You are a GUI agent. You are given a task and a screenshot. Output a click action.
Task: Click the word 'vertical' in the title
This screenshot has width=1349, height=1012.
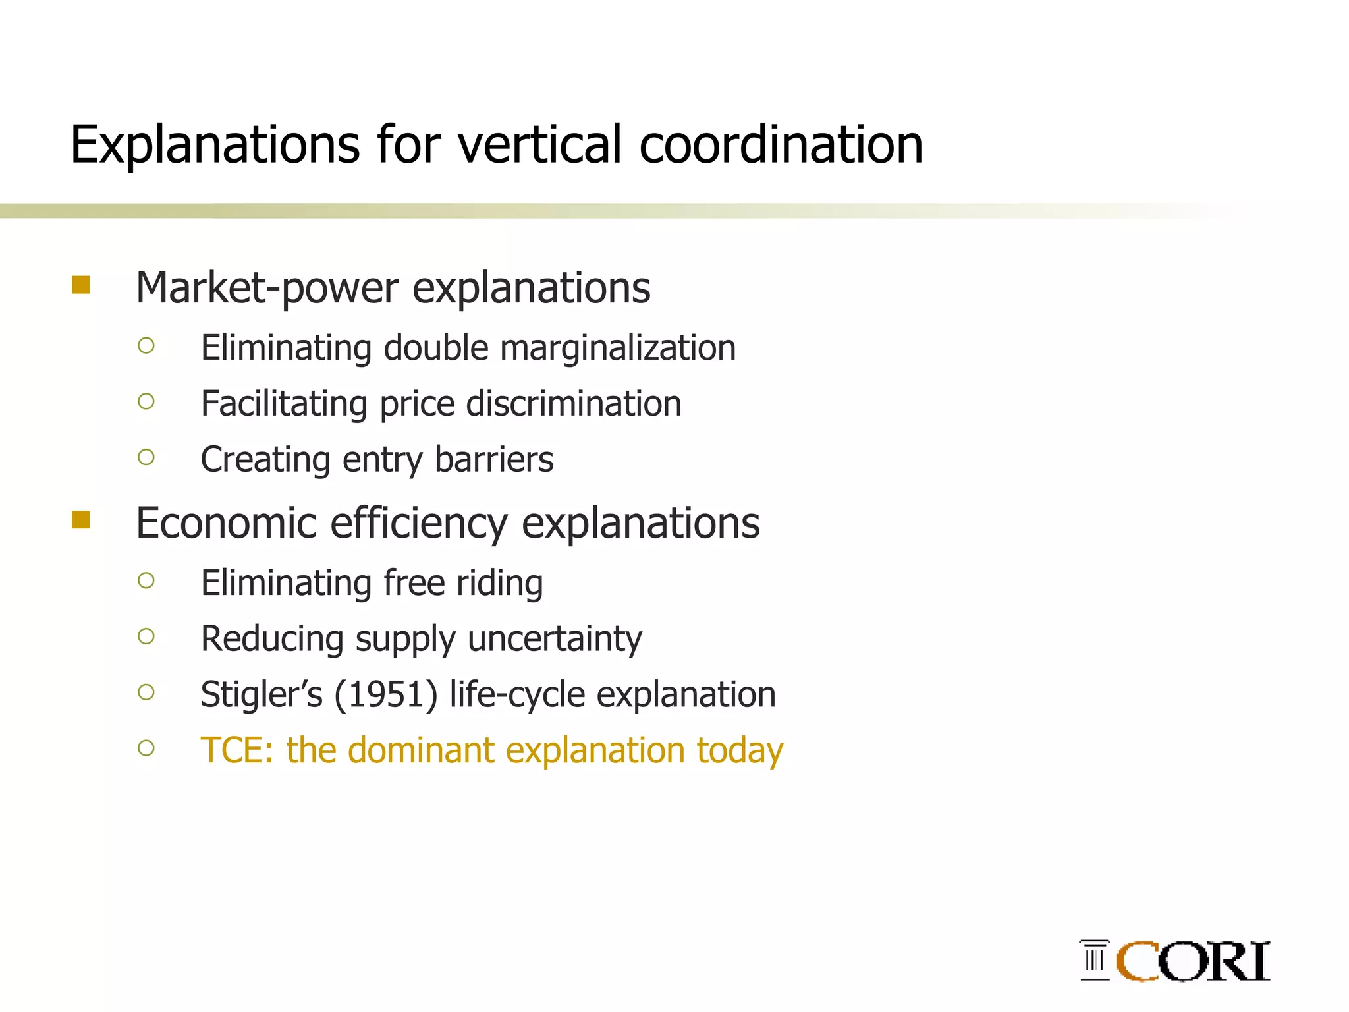click(539, 144)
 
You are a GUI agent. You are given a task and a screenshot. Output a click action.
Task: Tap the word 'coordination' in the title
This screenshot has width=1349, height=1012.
click(781, 144)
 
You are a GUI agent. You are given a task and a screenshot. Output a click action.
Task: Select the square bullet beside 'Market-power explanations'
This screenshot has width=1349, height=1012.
click(81, 285)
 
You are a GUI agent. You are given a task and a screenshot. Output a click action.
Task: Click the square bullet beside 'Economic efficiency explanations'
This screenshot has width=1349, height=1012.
click(81, 520)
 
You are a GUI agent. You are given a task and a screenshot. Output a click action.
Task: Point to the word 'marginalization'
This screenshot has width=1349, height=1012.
click(617, 348)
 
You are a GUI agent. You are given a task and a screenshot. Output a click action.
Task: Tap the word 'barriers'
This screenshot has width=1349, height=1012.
click(494, 459)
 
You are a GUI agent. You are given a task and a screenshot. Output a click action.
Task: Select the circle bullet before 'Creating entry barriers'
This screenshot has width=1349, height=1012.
click(146, 457)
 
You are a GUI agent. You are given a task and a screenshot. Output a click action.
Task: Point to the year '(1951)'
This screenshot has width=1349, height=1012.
click(386, 694)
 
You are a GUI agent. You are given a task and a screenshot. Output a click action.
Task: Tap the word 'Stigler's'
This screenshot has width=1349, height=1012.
click(262, 694)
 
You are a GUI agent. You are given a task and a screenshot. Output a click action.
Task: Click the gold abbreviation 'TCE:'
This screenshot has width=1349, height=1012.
click(237, 750)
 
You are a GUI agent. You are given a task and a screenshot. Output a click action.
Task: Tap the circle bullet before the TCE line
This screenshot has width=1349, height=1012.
click(146, 748)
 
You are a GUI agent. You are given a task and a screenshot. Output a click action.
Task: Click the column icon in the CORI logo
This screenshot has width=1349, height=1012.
click(1095, 960)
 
